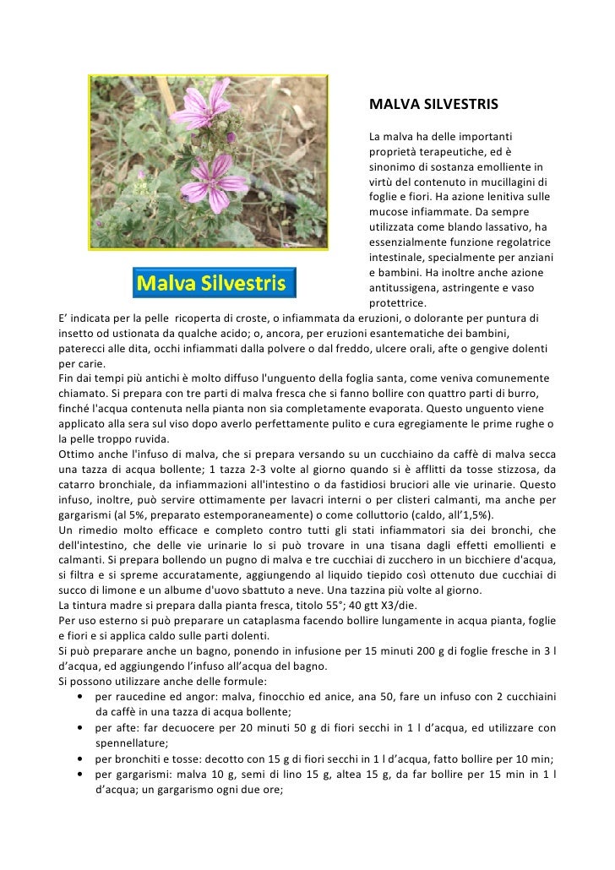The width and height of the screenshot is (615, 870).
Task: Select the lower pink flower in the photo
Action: click(x=209, y=177)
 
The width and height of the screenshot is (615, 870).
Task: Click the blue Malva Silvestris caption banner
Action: click(x=215, y=282)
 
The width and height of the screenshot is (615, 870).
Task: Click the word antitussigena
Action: click(x=403, y=288)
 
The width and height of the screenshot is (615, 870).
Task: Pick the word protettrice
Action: click(x=398, y=303)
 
